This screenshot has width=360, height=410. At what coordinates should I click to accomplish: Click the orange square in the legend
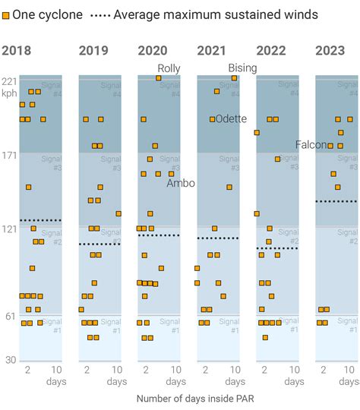[5, 14]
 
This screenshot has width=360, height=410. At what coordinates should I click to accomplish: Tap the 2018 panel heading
[16, 51]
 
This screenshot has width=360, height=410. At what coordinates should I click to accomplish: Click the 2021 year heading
[211, 51]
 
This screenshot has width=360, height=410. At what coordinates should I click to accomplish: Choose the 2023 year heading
[330, 51]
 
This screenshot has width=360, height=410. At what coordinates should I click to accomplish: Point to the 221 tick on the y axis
[9, 81]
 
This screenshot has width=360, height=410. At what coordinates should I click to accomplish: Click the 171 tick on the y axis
[9, 156]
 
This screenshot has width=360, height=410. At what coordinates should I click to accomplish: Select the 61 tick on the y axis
[9, 316]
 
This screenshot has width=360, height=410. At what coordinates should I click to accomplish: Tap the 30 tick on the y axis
[9, 359]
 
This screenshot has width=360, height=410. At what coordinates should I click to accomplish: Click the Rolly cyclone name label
[169, 68]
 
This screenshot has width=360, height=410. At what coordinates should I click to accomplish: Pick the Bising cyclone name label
[242, 68]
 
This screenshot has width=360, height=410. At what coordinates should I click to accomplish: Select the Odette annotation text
[231, 119]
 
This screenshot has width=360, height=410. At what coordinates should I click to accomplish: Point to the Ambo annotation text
[181, 183]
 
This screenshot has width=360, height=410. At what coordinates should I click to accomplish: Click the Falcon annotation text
[311, 145]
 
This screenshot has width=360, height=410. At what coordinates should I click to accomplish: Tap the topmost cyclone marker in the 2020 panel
[158, 78]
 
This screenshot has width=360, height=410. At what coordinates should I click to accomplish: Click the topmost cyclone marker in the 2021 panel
[234, 78]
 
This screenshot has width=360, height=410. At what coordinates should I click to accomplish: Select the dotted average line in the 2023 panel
[336, 201]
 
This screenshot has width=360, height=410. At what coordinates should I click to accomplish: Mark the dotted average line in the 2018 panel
[40, 220]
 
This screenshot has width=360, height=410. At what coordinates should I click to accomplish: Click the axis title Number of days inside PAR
[188, 398]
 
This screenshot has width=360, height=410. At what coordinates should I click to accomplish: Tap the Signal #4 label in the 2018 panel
[51, 89]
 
